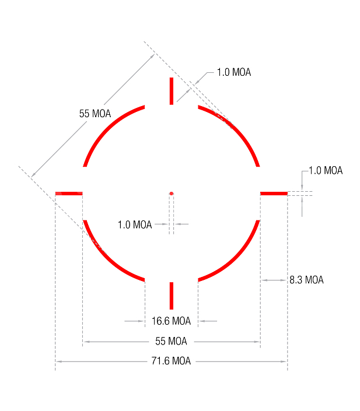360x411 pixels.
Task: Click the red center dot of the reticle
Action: pos(172,194)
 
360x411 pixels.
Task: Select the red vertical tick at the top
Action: pos(172,91)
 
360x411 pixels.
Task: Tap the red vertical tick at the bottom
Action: pos(172,296)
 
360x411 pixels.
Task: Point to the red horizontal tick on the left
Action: pos(69,194)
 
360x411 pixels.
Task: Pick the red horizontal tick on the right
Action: pos(274,194)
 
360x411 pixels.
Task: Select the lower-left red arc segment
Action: pos(107,258)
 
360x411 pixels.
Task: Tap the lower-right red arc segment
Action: pos(236,258)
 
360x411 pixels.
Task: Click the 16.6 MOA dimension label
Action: pos(171,321)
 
